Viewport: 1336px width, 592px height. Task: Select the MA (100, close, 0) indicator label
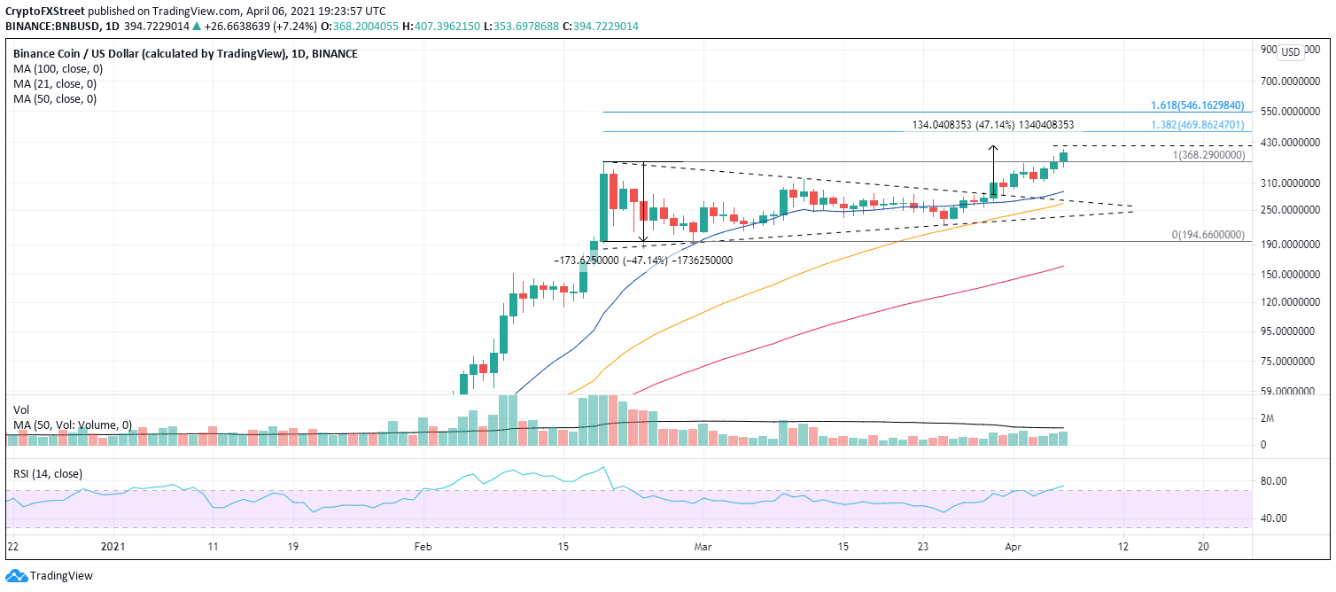(x=55, y=69)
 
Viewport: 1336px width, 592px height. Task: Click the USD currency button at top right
(x=1291, y=52)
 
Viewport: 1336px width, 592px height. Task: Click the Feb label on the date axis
(x=423, y=547)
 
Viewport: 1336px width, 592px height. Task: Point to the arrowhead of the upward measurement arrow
(x=994, y=147)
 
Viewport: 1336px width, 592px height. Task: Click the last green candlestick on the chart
(x=1064, y=157)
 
